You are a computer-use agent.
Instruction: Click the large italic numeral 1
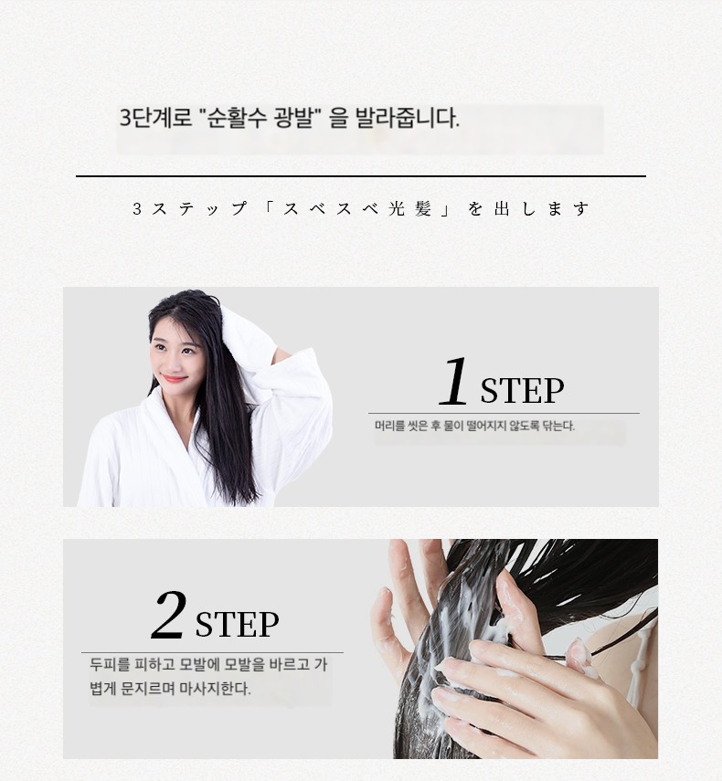click(x=454, y=381)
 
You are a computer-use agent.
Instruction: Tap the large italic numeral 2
click(x=169, y=615)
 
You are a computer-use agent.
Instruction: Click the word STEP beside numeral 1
click(x=522, y=391)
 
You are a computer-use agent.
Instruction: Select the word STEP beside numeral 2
click(x=238, y=624)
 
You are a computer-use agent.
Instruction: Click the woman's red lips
click(x=175, y=379)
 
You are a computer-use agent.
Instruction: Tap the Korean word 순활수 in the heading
click(x=232, y=119)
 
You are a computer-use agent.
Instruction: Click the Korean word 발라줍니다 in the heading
click(x=407, y=119)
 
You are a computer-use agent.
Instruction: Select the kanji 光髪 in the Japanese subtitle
click(x=409, y=208)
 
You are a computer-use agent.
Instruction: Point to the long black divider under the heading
click(x=361, y=175)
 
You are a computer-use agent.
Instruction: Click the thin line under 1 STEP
click(x=504, y=414)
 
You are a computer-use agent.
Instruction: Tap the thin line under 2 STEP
click(x=212, y=652)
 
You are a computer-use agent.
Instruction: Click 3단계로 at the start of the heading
click(x=156, y=119)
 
